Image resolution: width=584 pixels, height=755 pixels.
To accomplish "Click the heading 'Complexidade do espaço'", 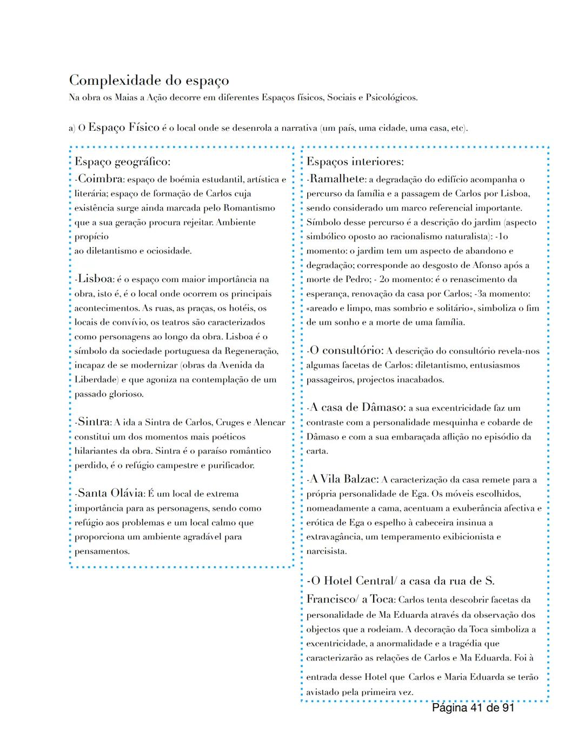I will (x=149, y=81).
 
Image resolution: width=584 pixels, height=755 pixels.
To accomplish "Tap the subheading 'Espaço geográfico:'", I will (x=122, y=162).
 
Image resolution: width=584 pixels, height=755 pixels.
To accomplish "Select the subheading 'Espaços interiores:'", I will (x=355, y=162).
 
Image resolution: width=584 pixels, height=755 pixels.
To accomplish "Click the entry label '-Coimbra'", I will (x=99, y=179).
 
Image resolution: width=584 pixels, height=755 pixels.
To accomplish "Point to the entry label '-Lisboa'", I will (x=95, y=279).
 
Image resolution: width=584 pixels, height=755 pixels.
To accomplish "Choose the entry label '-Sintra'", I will (x=93, y=422).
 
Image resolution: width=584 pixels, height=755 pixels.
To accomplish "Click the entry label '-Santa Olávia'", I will (x=110, y=493).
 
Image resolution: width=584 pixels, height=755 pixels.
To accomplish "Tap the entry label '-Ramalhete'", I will (x=335, y=179).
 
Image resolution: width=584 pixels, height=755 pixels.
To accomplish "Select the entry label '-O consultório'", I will (x=345, y=350).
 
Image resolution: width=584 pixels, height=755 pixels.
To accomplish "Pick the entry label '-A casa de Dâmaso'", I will (x=356, y=407).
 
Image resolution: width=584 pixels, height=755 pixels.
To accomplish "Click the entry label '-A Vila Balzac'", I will (x=343, y=479).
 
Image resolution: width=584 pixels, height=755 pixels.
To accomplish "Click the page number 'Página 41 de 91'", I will (x=473, y=708).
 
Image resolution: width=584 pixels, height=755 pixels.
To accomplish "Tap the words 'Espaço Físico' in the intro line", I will (x=124, y=128).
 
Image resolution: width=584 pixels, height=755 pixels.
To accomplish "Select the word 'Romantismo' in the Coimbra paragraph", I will (x=249, y=208).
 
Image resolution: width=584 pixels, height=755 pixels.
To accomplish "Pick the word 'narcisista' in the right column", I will (x=326, y=551).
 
